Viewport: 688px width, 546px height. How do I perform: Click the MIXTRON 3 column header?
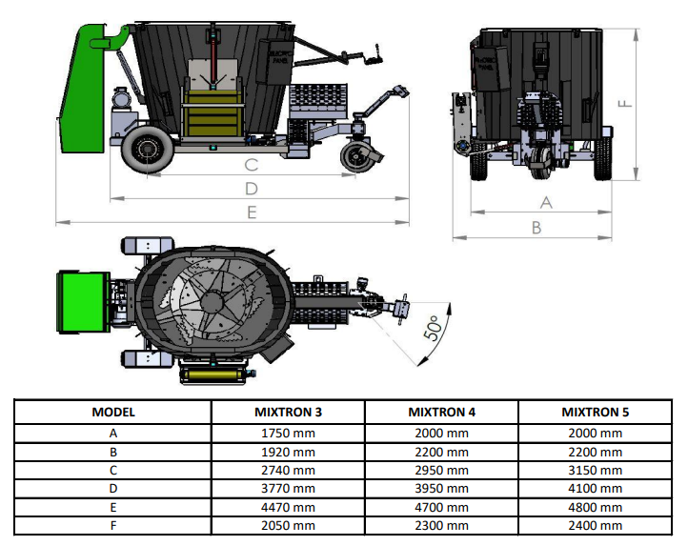[288, 413]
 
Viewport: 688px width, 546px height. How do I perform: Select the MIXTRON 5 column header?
[596, 413]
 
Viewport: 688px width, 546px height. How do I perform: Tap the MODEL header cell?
[113, 413]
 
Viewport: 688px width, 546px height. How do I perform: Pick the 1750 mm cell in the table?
[288, 432]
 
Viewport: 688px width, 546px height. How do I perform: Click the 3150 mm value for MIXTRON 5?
[596, 470]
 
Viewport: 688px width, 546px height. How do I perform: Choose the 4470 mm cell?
[288, 507]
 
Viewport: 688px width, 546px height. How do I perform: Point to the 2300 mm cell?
[441, 526]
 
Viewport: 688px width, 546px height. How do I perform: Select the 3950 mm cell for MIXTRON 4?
[441, 488]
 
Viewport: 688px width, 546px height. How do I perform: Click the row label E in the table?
[113, 507]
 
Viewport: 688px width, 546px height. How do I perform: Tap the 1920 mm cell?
[288, 451]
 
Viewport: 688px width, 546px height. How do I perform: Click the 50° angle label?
[434, 329]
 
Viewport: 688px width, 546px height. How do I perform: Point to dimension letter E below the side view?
[252, 212]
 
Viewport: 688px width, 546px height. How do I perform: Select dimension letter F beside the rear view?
[625, 104]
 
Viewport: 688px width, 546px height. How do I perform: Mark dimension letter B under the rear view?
[536, 228]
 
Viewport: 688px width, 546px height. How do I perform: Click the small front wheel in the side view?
[360, 158]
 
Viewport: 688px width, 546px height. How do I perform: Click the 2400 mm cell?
[596, 526]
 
